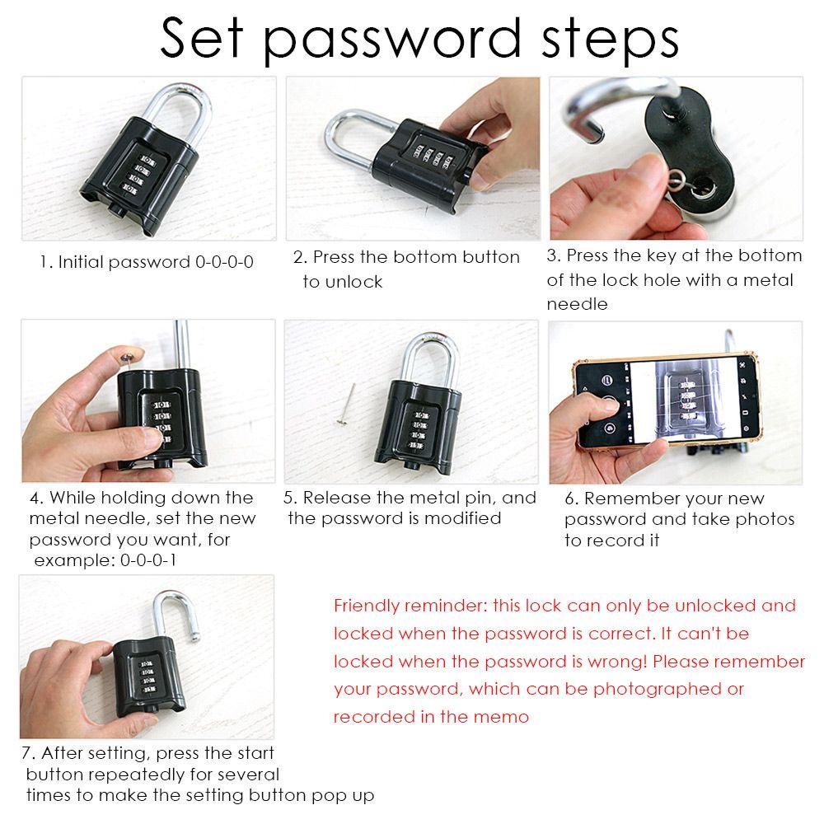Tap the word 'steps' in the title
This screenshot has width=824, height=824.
coord(610,41)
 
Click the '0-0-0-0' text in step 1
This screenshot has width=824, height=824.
coord(224,262)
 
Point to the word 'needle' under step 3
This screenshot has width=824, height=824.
coord(577,304)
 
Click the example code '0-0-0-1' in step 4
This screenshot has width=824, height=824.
coord(148,560)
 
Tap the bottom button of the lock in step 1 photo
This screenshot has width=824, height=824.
coord(117,211)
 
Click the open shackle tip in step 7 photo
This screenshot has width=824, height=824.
coord(195,638)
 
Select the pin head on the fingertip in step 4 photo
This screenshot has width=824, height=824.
coord(128,358)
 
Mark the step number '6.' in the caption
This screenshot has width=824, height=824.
coord(572,499)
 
